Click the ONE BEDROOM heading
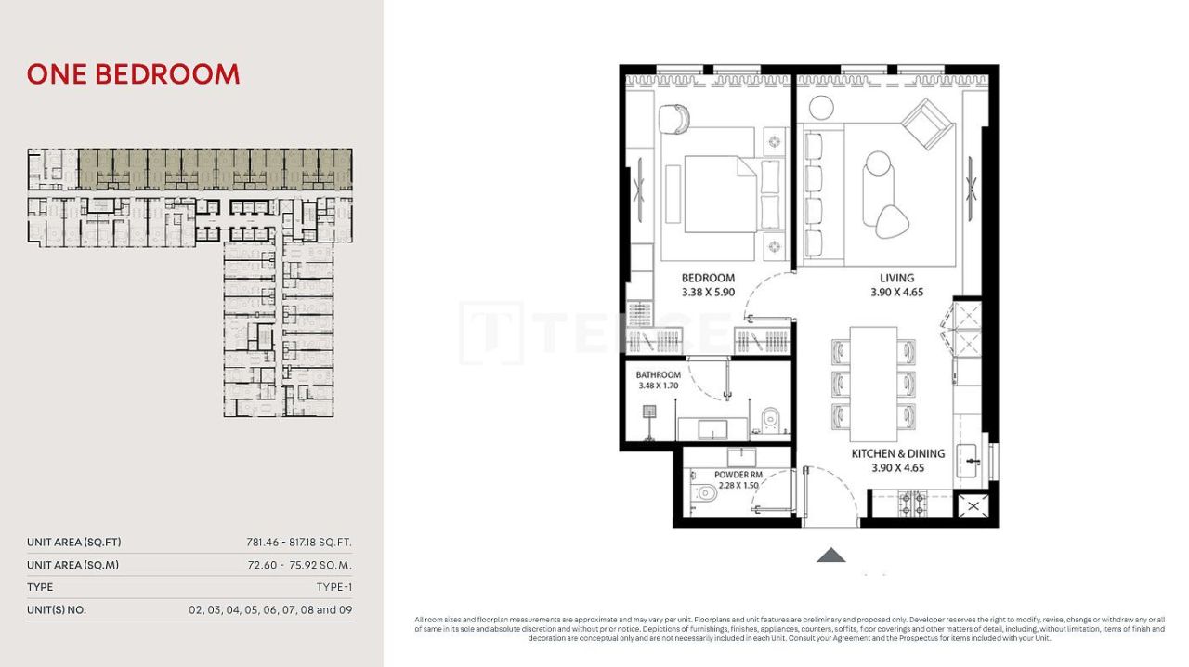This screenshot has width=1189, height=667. coord(133,74)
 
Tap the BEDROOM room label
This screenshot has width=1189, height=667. coord(708,278)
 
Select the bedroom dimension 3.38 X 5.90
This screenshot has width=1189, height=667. coord(708,292)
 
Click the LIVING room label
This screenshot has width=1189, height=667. coord(896,278)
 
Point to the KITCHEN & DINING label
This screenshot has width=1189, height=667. coord(897,454)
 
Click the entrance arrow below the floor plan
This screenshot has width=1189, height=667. coord(830,556)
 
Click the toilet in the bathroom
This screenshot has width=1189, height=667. coord(769,422)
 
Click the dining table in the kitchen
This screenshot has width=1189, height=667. coord(873,384)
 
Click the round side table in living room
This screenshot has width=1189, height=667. coord(819,105)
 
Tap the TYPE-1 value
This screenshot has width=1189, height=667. coord(333,587)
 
